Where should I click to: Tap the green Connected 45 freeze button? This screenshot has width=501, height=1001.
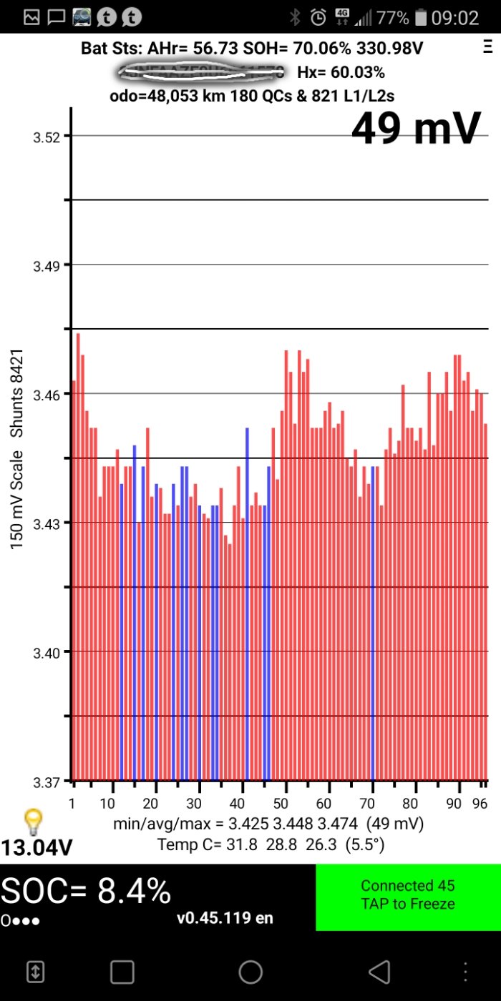pos(408,895)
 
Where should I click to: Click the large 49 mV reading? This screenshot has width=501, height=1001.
pos(416,129)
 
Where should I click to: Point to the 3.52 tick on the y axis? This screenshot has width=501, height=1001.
pos(48,136)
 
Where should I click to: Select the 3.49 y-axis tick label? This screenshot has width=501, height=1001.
pos(48,265)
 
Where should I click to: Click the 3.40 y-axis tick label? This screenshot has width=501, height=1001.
pos(48,651)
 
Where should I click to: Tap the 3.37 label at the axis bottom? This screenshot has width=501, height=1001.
pos(48,780)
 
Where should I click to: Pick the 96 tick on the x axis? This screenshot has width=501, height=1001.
pos(480,804)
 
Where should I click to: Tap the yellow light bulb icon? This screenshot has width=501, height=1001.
pos(32,822)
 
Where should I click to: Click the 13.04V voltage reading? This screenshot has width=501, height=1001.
pos(37,849)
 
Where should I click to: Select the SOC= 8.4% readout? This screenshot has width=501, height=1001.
pos(86,892)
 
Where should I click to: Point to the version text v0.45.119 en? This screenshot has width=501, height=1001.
pos(225,918)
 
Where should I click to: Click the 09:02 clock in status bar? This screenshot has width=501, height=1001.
pos(455,17)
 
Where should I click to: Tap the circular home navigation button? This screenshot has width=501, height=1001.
pos(250,972)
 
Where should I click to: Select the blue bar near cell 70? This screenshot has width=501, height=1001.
pos(373,622)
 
